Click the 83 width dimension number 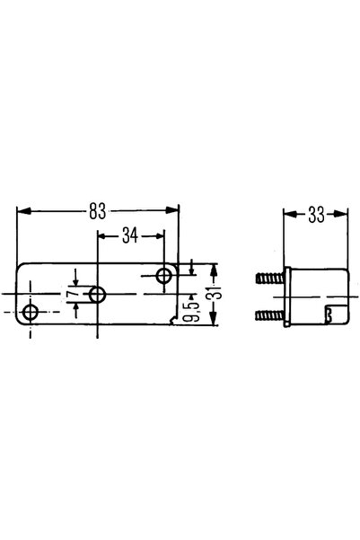click(97, 211)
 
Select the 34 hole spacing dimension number click(130, 235)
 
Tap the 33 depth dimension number click(316, 215)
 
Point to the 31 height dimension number click(217, 294)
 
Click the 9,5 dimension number click(195, 312)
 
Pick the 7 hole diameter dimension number click(71, 294)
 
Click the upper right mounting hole click(164, 276)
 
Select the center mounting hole click(98, 295)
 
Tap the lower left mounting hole click(31, 313)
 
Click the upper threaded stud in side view click(270, 278)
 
